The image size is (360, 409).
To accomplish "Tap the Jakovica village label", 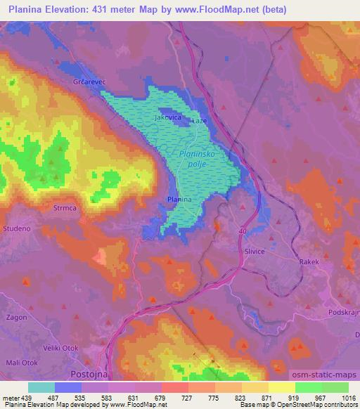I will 168,118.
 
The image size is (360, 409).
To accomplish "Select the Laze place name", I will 200,120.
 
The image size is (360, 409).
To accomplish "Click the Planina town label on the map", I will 180,200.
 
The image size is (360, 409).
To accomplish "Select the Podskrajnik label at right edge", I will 344,311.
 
